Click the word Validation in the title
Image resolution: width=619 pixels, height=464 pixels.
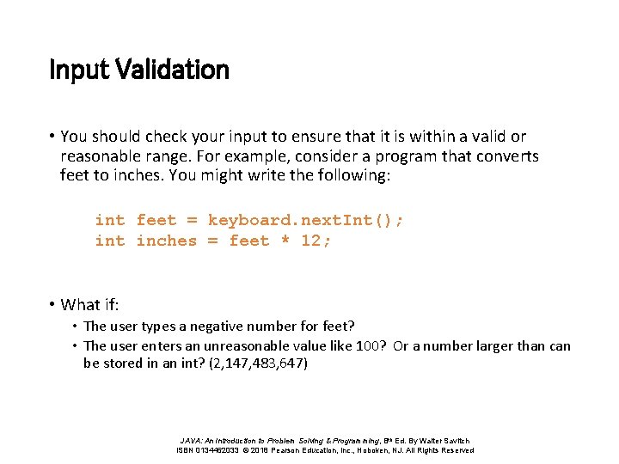pyautogui.click(x=176, y=69)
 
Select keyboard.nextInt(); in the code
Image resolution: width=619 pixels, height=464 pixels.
pyautogui.click(x=305, y=220)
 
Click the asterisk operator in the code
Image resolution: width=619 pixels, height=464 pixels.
pyautogui.click(x=285, y=241)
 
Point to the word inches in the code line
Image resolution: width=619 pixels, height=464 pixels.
pyautogui.click(x=166, y=241)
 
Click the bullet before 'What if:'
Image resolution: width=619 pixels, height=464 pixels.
pyautogui.click(x=53, y=304)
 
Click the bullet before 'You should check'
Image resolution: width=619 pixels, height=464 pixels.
pyautogui.click(x=53, y=136)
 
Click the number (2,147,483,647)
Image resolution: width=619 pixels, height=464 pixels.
pyautogui.click(x=258, y=363)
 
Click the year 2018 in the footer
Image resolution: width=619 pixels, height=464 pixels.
pyautogui.click(x=259, y=450)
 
